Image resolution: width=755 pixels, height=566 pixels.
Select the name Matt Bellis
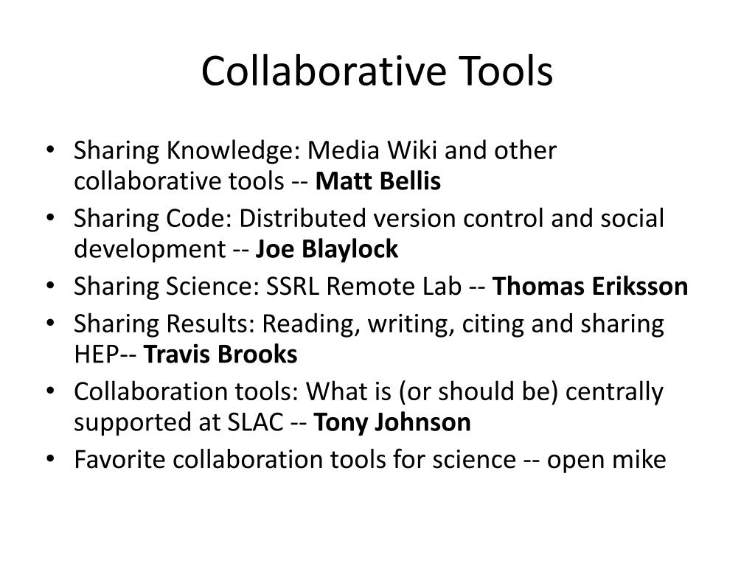(x=378, y=181)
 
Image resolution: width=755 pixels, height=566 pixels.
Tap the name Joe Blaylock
(x=327, y=250)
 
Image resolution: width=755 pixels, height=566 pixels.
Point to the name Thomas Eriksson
(x=590, y=286)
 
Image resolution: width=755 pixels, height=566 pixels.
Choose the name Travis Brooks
(x=220, y=354)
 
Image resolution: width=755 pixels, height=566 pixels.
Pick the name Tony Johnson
(x=392, y=423)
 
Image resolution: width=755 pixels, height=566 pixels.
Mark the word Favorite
(x=120, y=460)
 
